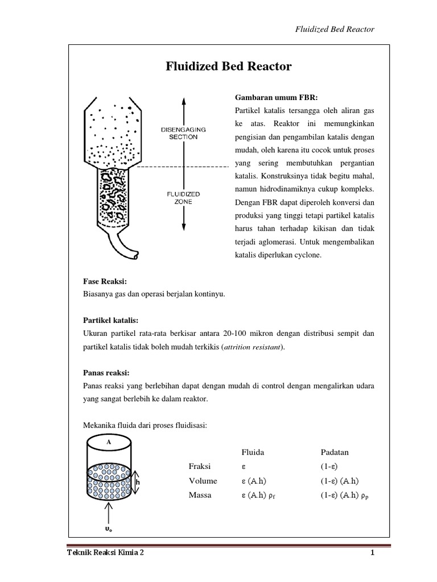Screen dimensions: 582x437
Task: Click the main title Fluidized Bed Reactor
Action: tap(228, 66)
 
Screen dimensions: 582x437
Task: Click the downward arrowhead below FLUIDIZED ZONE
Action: tap(183, 228)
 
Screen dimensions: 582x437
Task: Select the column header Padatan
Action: tap(335, 452)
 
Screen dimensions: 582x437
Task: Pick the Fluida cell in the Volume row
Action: tap(254, 481)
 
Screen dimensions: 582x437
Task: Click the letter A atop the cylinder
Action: tap(108, 440)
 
